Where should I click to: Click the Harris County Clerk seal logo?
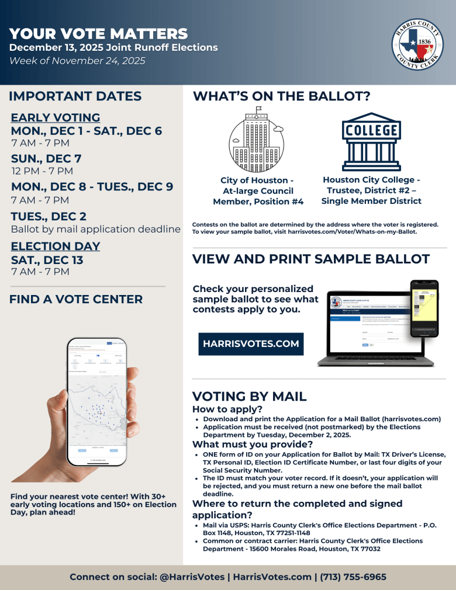click(417, 43)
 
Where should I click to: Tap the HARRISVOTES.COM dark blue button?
click(251, 344)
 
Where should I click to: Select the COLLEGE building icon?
click(371, 141)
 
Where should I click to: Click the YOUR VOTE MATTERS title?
click(98, 34)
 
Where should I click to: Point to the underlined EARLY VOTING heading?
click(56, 117)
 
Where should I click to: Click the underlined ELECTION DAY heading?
click(56, 246)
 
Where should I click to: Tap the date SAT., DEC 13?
click(47, 260)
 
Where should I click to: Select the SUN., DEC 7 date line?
click(46, 158)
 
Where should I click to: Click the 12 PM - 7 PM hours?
click(42, 171)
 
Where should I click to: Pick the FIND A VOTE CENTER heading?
click(76, 299)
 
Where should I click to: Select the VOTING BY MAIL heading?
click(249, 397)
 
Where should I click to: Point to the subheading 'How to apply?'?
click(227, 409)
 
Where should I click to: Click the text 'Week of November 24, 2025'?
click(77, 61)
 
